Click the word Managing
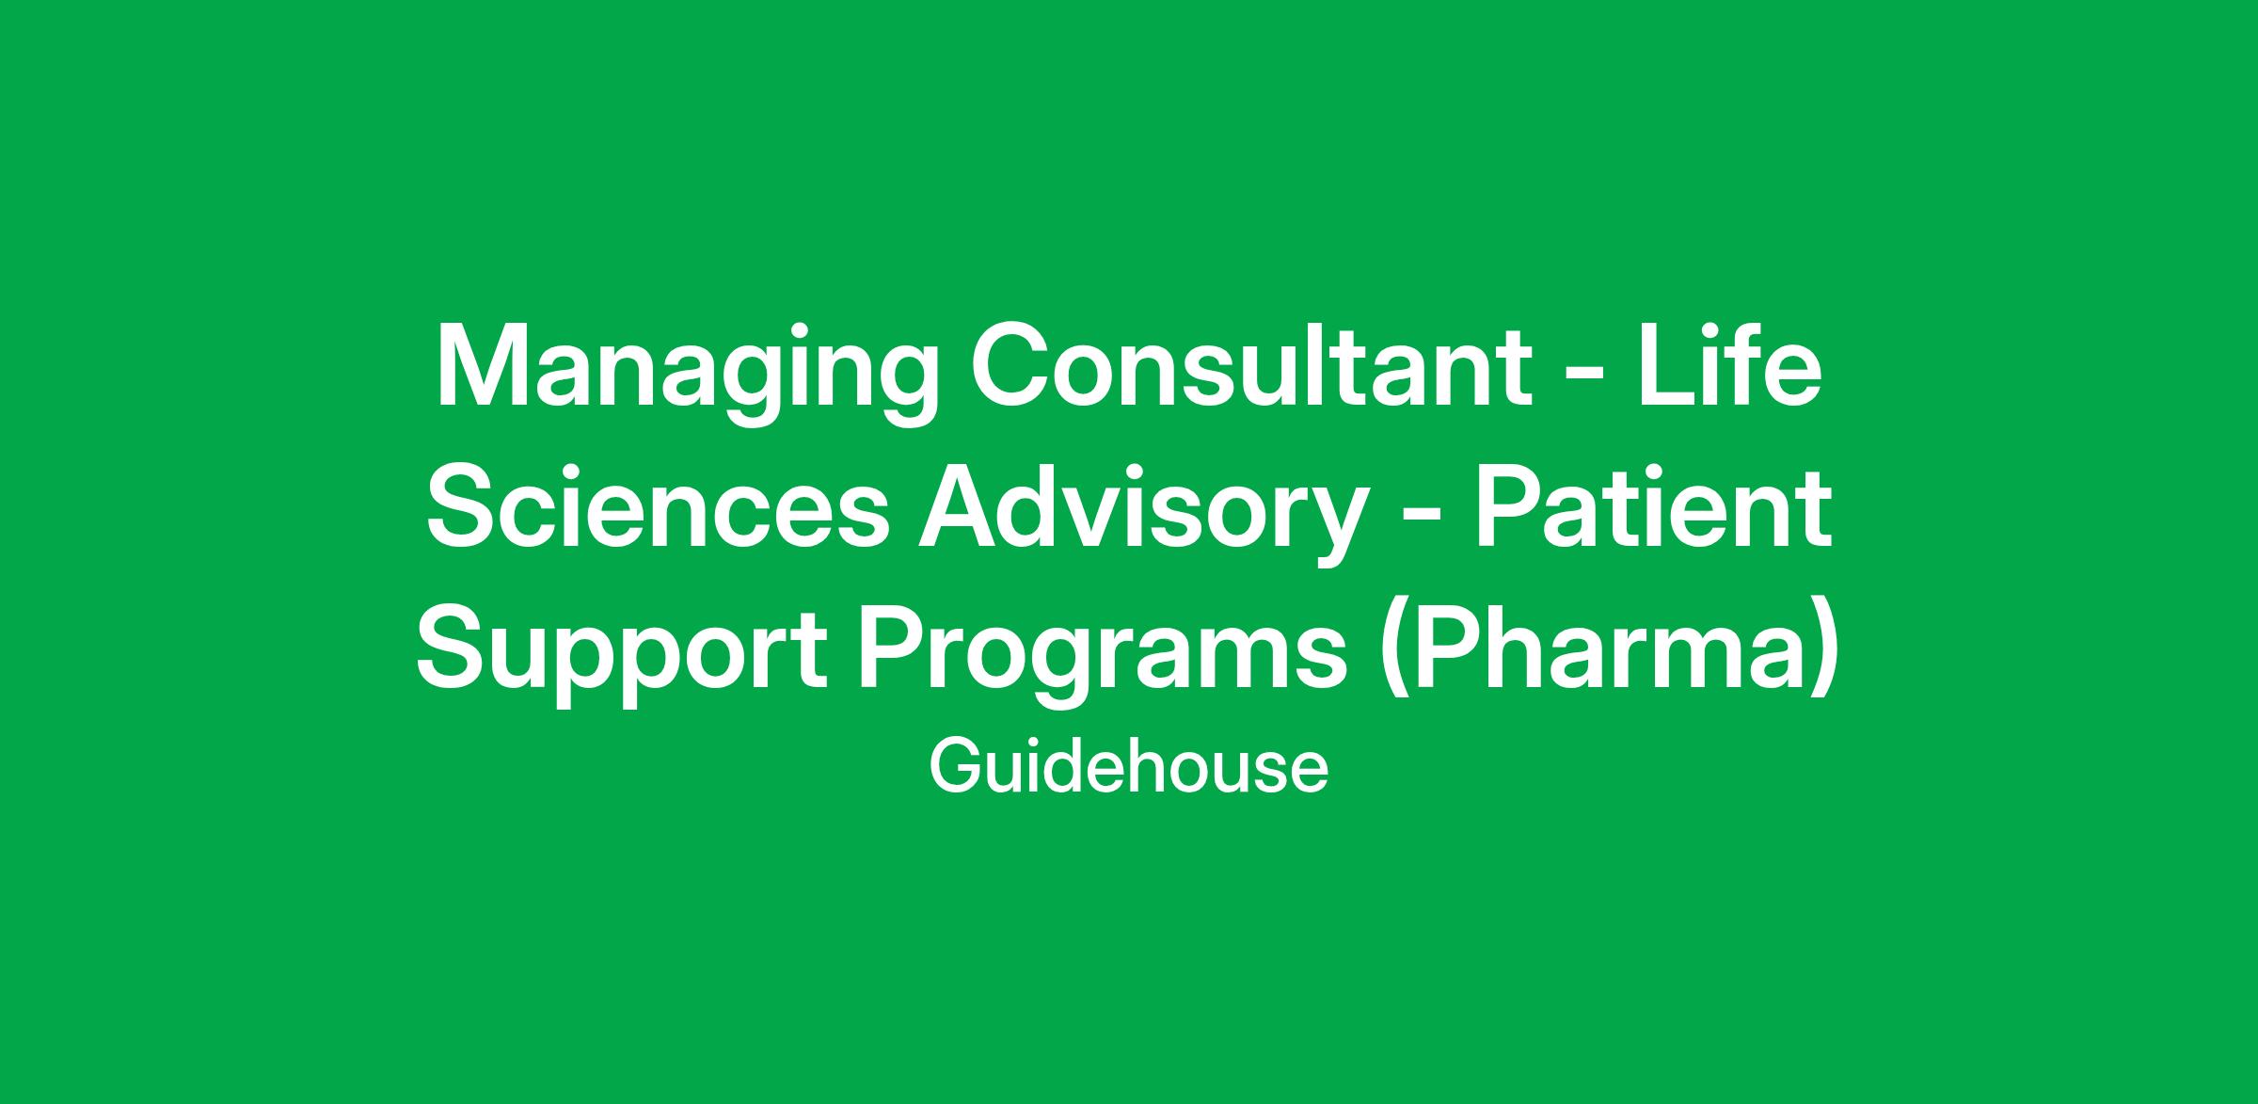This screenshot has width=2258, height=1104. tap(687, 373)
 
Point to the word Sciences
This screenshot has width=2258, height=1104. tap(659, 508)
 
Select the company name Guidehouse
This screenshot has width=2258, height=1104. tap(1128, 767)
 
